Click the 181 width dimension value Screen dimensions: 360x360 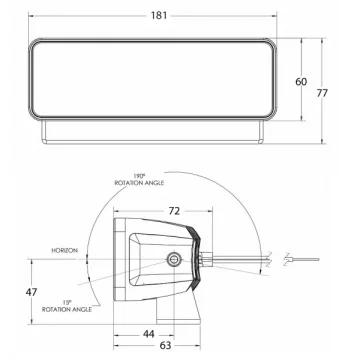point(159,15)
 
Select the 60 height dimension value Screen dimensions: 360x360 point(301,81)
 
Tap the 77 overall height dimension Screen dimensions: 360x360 point(322,93)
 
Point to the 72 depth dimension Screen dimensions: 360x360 point(174,211)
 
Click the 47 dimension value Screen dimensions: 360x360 point(31,292)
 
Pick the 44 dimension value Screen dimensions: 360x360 point(148,334)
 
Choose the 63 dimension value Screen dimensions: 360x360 point(165,345)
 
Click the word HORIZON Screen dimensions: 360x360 point(65,250)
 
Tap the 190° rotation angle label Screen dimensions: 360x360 point(139,180)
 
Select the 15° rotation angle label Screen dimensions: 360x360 point(67,306)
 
